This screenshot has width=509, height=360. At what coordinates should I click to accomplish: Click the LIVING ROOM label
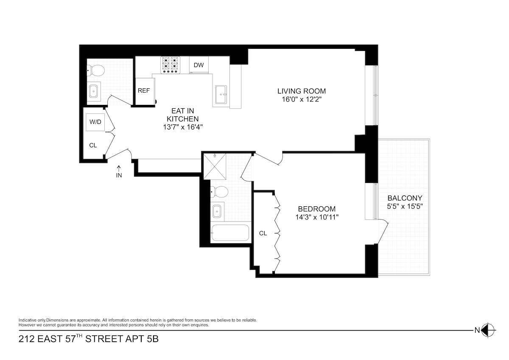pos(302,91)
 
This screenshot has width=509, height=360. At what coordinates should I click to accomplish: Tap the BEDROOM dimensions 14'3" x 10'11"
pos(317,217)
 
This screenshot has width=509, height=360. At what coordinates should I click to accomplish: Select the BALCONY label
pos(405,198)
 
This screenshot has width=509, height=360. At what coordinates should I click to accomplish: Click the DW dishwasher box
pos(199,65)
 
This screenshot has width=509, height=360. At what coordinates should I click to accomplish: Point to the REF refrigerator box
pos(144,91)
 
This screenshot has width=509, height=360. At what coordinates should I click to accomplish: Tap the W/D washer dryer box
pos(95,122)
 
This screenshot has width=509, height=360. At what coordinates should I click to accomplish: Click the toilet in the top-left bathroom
pos(96,70)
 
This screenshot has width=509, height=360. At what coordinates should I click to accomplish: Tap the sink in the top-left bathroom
pos(94,91)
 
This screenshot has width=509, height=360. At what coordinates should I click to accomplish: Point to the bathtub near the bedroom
pos(230,233)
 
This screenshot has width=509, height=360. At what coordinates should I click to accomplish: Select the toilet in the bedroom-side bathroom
pos(218,192)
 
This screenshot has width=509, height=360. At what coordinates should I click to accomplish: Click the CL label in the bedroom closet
pos(263,233)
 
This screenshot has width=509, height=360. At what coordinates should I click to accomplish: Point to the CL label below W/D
pos(93,145)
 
